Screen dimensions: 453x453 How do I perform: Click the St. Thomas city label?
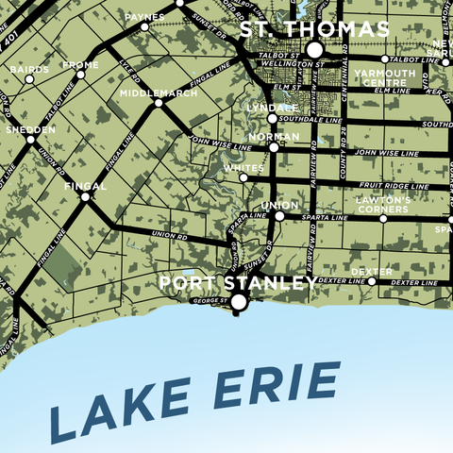tap(313, 30)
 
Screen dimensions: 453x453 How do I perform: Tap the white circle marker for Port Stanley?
tap(239, 302)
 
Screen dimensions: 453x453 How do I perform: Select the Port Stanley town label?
tap(237, 282)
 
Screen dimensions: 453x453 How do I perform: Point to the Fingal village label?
tap(85, 186)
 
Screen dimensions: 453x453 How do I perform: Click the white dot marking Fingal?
tap(85, 197)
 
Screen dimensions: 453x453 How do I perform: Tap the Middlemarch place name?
tap(159, 93)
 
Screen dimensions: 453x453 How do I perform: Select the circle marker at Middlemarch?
tap(159, 104)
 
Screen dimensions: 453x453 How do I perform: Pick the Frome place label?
tap(79, 65)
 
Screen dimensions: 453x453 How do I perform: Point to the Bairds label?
tap(28, 69)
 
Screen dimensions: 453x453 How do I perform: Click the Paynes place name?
tap(144, 17)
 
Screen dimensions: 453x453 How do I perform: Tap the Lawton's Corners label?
tap(382, 205)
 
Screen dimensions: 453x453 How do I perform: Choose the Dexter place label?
tap(371, 272)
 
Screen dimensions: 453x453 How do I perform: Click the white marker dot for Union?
tap(279, 216)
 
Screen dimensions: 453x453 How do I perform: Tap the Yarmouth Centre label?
tap(388, 76)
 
